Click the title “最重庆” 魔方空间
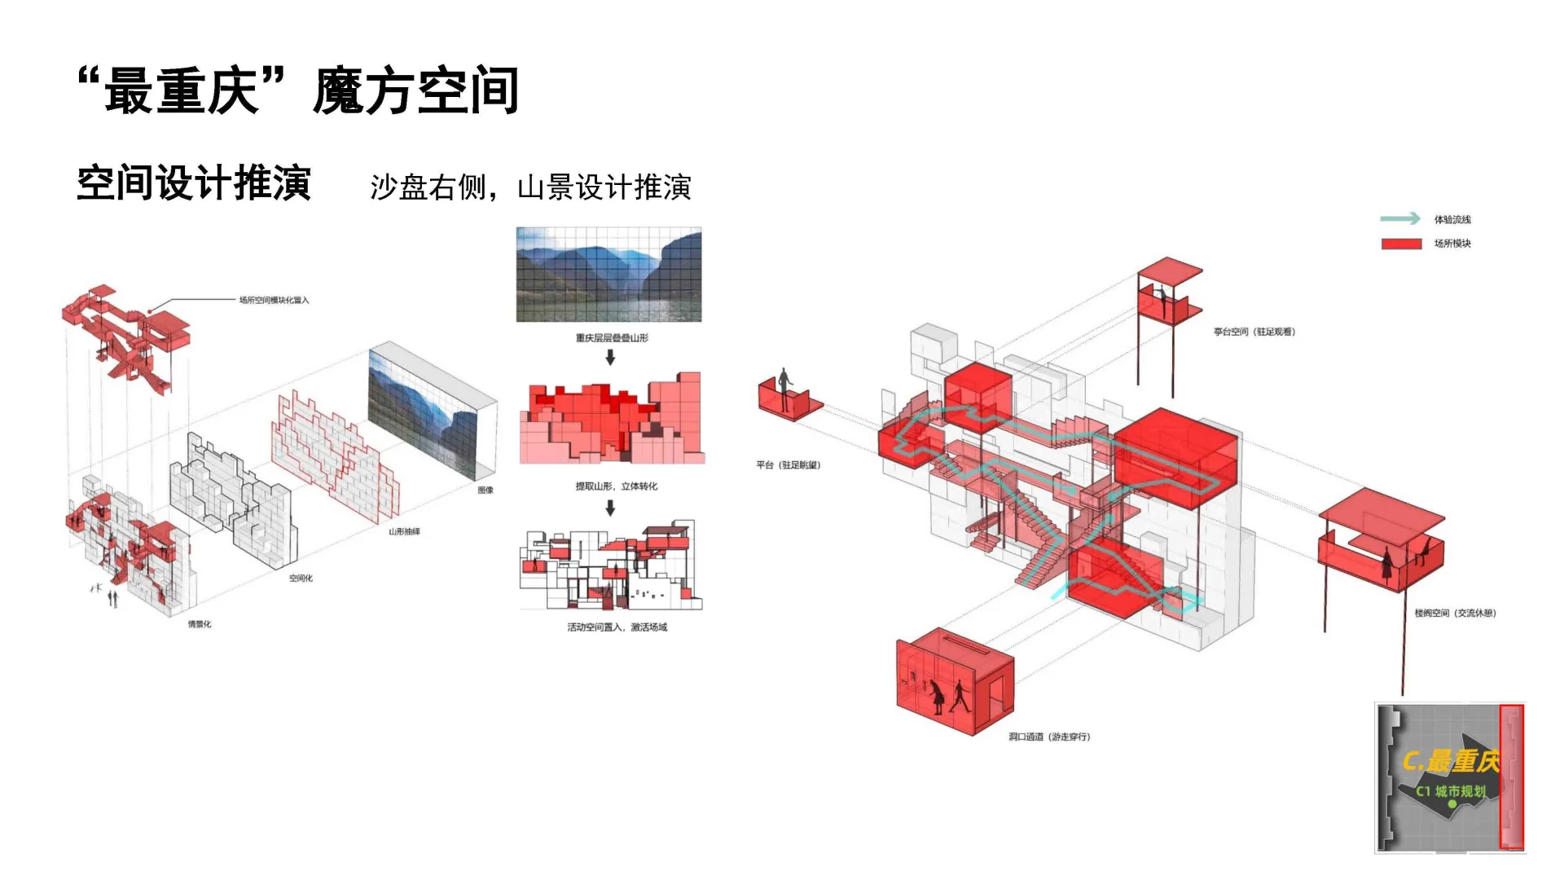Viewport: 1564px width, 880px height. (298, 90)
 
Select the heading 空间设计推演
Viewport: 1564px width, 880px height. (194, 183)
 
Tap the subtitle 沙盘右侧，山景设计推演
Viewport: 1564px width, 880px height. (530, 187)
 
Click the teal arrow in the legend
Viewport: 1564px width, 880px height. (1399, 218)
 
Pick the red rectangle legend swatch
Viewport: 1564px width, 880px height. (1401, 244)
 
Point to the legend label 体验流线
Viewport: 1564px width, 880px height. (1452, 219)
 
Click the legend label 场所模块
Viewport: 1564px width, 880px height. (1452, 244)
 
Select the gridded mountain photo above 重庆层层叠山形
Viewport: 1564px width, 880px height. (608, 275)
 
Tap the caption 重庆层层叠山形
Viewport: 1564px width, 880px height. (612, 338)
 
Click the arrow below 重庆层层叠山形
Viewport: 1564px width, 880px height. (610, 358)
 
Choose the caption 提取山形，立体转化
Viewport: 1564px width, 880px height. (616, 486)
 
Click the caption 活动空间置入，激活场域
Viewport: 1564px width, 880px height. (617, 627)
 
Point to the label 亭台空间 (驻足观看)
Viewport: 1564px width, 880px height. (1254, 332)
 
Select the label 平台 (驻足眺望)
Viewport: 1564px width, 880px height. (788, 465)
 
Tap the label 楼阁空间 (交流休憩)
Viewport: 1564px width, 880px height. (1455, 613)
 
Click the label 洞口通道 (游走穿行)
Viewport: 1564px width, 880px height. (1049, 737)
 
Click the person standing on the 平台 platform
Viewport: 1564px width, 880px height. (784, 389)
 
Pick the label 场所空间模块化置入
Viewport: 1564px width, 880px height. (274, 300)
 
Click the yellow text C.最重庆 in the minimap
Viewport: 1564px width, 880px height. (1450, 761)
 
